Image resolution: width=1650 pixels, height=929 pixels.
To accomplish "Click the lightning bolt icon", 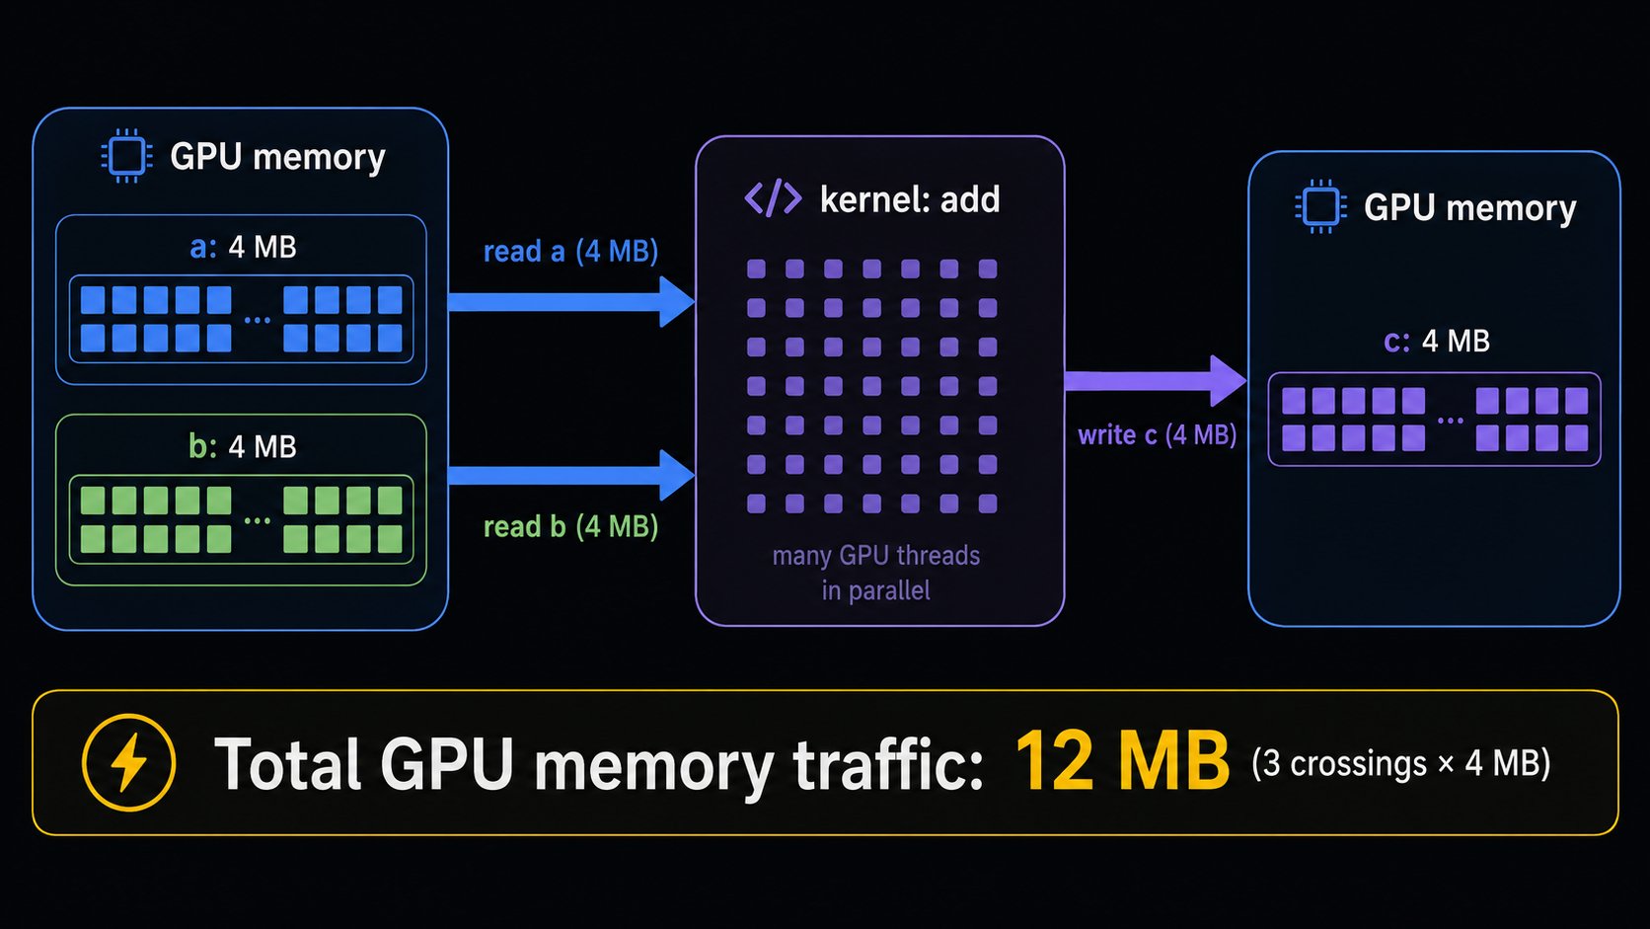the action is coord(129,762).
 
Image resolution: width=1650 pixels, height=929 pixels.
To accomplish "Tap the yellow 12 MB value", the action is coord(1122,762).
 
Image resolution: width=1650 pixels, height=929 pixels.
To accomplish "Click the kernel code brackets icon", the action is coord(773,198).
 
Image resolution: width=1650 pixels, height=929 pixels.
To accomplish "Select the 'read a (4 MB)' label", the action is coord(570,251).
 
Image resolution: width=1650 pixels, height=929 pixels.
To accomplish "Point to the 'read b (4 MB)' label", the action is coord(570,527).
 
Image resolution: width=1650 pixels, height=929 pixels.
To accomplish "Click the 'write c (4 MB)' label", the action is coord(1158,434).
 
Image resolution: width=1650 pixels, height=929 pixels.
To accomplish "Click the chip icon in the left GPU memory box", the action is coord(126,156).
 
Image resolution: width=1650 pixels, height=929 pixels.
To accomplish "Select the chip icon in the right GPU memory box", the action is coord(1320,206).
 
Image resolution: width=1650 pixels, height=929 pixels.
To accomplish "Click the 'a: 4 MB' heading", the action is coord(243,247).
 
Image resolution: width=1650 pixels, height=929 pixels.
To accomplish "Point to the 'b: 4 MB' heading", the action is coord(243,446).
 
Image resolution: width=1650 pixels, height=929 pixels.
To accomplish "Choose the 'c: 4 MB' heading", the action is coord(1437,342).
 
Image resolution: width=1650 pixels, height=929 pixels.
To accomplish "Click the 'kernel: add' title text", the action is coord(910,198).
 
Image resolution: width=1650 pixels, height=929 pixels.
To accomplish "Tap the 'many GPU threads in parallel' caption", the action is coord(876,573).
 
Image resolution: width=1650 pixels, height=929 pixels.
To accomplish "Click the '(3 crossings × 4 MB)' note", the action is coord(1401,763).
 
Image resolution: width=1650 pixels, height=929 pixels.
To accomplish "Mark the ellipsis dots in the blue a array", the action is coord(258,320).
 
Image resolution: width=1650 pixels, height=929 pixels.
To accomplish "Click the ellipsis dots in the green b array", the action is coord(258,520).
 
